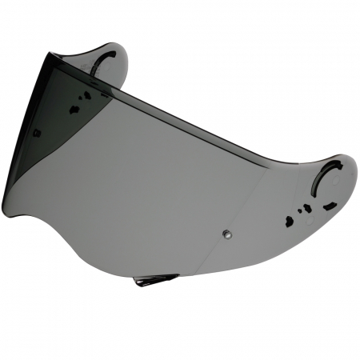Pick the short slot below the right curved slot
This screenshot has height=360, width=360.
click(330, 206)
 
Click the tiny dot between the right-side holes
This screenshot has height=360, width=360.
click(299, 211)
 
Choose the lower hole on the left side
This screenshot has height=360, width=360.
click(75, 109)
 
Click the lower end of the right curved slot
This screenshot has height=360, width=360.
click(314, 197)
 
